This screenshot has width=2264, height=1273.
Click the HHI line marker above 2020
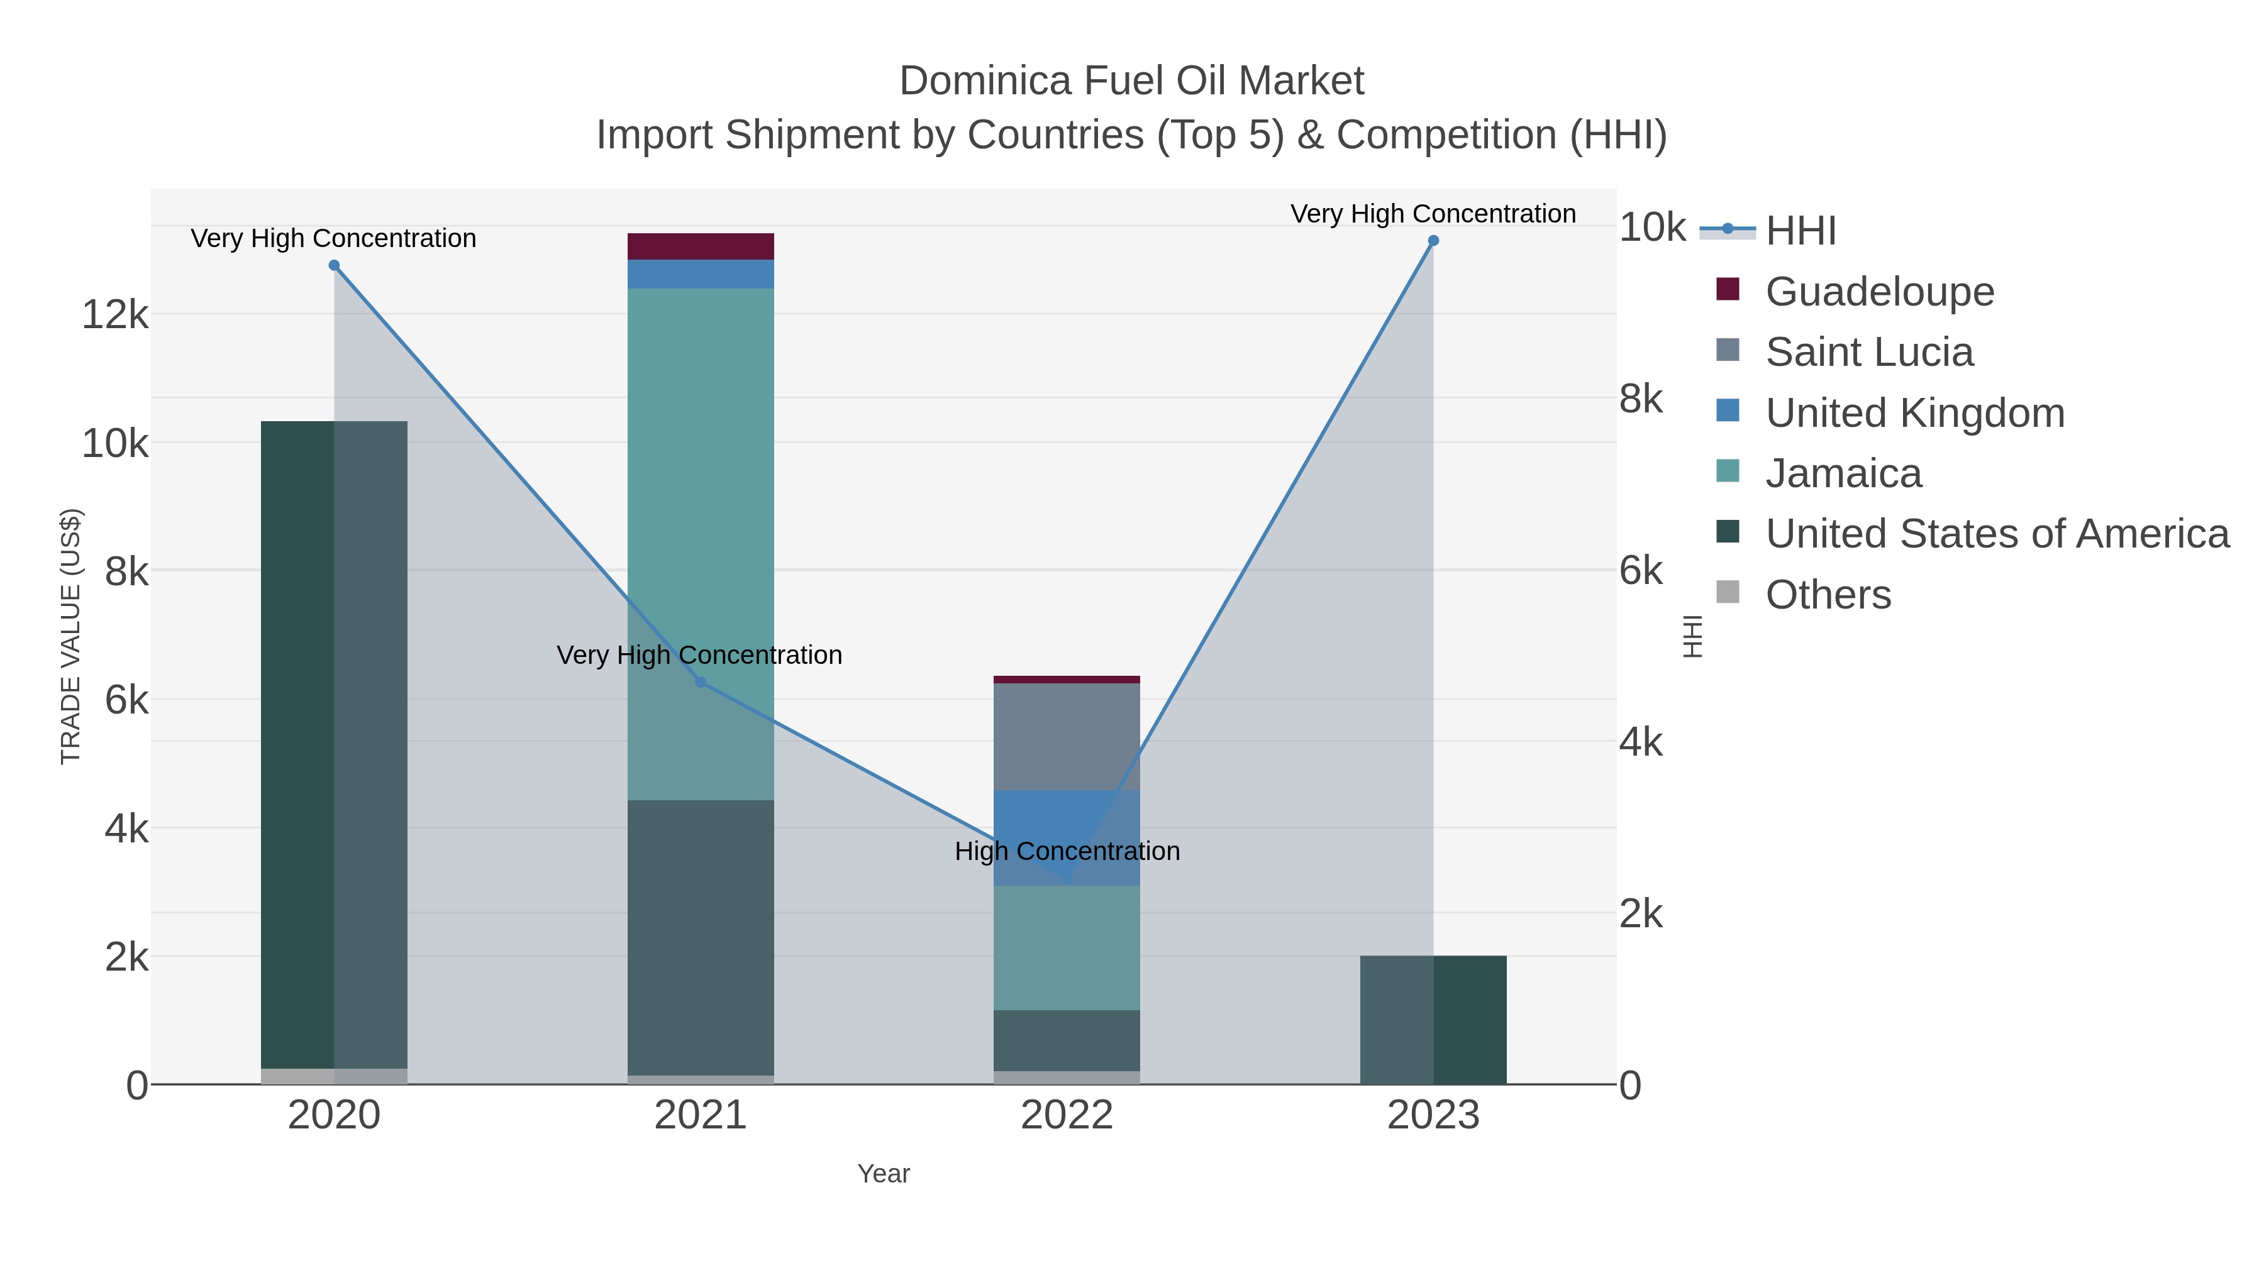(334, 265)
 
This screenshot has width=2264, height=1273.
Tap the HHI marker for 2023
(1433, 241)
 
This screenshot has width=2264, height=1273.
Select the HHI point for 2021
(701, 681)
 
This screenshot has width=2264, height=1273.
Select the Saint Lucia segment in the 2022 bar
(1066, 736)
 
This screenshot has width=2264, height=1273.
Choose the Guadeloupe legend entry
(1879, 291)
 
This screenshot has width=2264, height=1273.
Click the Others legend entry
(1828, 595)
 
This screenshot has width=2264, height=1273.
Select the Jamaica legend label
(1843, 473)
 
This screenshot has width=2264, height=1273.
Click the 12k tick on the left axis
(115, 314)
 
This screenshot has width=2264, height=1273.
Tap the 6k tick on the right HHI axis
(1640, 571)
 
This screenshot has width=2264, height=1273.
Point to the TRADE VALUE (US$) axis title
(70, 636)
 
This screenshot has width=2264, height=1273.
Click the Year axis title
(884, 1174)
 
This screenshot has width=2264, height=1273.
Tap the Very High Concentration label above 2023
(1433, 214)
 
